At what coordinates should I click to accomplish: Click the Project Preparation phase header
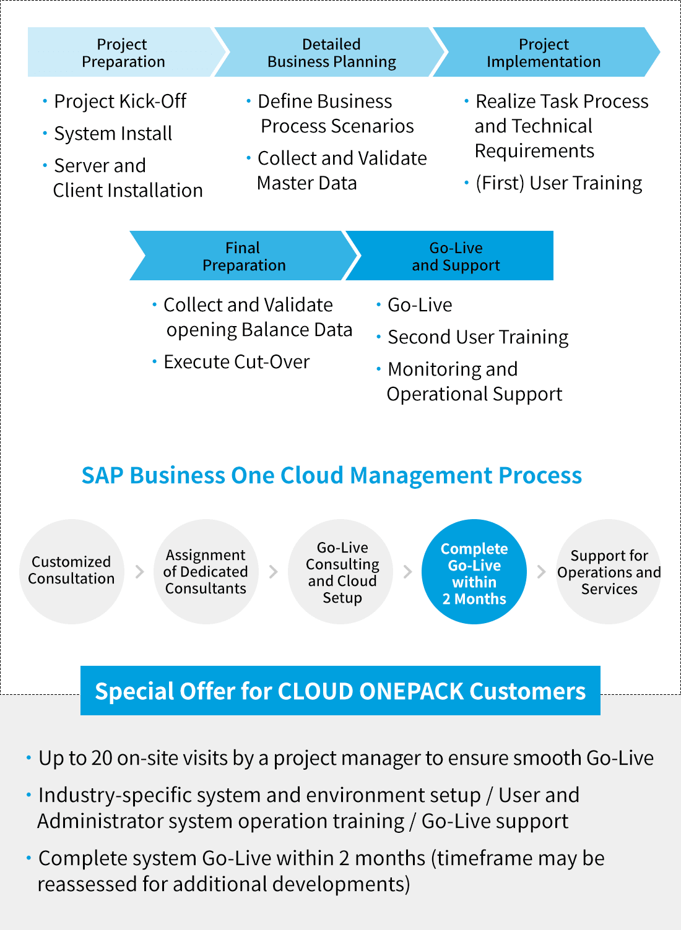pos(123,53)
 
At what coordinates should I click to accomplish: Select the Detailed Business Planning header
pos(331,53)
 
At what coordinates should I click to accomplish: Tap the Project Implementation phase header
pos(543,53)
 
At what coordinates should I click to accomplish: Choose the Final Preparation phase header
pos(244,256)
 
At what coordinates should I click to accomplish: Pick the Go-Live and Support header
pos(456,256)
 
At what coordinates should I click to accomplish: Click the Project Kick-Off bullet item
pos(120,101)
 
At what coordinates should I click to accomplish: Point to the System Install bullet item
pos(113,134)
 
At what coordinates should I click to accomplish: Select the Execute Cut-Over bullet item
pos(236,362)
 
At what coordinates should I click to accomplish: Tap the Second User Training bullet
pos(478,337)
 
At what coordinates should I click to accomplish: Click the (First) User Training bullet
pos(558,183)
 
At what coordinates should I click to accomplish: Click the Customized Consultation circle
pos(72,571)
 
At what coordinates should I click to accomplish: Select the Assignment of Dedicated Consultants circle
pos(206,571)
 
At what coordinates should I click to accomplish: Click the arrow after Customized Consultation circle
pos(139,572)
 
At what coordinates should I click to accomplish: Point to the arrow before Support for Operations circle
pos(542,572)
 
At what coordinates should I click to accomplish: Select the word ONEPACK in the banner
pos(411,691)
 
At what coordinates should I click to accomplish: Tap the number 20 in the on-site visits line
pos(102,758)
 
